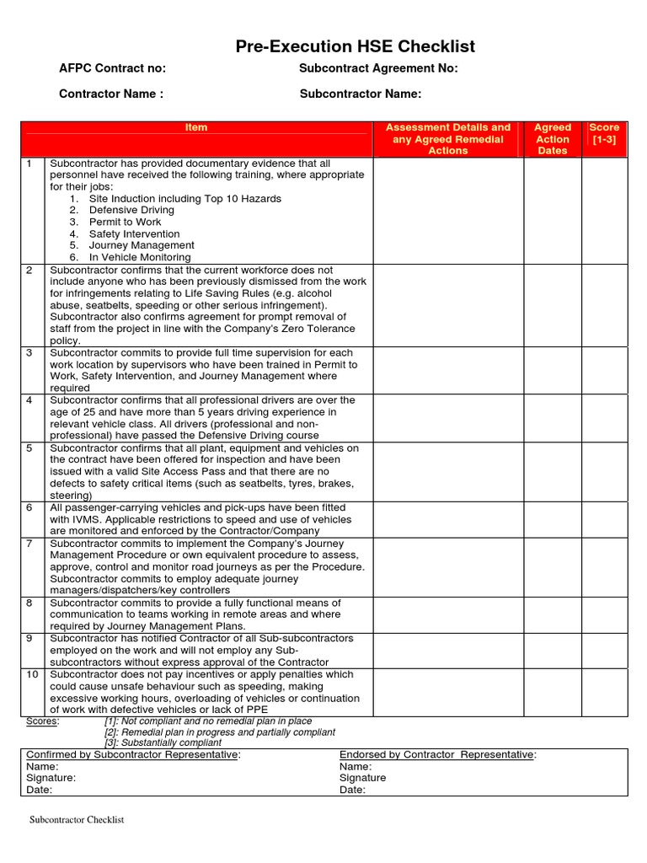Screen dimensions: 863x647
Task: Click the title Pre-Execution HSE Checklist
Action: (x=356, y=46)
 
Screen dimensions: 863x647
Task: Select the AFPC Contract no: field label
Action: (x=112, y=69)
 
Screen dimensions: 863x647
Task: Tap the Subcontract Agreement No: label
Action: (x=378, y=69)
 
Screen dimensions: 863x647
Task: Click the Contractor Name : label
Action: (x=111, y=94)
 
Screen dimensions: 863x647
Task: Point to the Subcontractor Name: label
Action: (x=361, y=94)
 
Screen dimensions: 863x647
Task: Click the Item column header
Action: (x=196, y=127)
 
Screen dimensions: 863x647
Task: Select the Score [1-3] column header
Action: (x=604, y=133)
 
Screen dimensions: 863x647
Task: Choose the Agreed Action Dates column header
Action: (x=553, y=139)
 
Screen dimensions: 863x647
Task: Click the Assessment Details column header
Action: (x=448, y=139)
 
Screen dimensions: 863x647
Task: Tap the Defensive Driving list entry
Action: (x=131, y=210)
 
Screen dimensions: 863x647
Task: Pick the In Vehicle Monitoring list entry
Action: (x=140, y=257)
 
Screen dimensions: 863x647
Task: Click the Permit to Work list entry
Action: (x=125, y=222)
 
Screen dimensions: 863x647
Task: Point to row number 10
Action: (x=31, y=675)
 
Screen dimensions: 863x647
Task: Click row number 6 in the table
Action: (x=29, y=508)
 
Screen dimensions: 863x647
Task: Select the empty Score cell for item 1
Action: (x=604, y=210)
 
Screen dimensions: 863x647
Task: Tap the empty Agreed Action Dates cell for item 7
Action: (x=553, y=566)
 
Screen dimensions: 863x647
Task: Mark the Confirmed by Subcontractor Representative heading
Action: (x=133, y=754)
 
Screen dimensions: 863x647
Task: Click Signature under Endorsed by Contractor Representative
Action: (x=362, y=778)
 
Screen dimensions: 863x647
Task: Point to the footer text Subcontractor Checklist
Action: (x=77, y=819)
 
